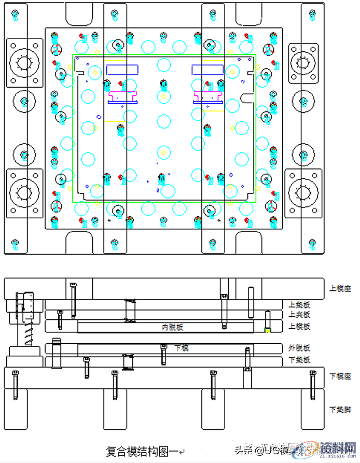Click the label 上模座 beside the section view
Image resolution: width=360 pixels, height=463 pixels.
pyautogui.click(x=340, y=287)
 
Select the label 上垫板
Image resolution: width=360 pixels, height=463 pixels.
pyautogui.click(x=299, y=305)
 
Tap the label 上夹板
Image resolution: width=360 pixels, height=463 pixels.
pyautogui.click(x=299, y=314)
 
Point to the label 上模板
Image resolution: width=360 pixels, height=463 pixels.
pyautogui.click(x=299, y=326)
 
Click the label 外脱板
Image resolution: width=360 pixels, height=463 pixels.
pyautogui.click(x=299, y=347)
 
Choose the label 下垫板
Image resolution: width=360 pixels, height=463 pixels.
pyautogui.click(x=299, y=360)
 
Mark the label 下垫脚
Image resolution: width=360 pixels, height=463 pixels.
pyautogui.click(x=340, y=409)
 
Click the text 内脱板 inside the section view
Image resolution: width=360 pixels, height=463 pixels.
pyautogui.click(x=173, y=327)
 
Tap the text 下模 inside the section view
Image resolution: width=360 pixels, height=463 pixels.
pyautogui.click(x=181, y=348)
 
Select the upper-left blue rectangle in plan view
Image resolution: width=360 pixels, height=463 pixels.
pyautogui.click(x=122, y=69)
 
